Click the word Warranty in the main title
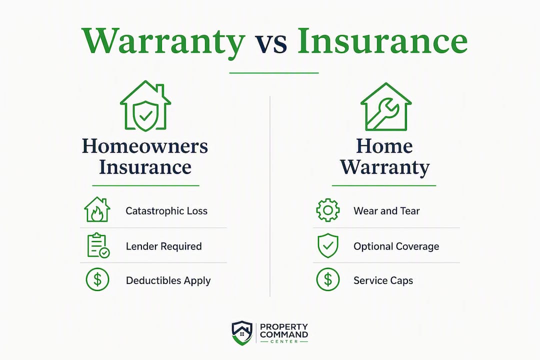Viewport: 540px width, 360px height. pos(163,42)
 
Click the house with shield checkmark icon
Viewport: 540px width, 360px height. pos(145,106)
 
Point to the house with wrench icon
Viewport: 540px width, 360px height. pos(385,107)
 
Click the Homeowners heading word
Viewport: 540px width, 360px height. pos(145,146)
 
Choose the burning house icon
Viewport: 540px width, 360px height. pos(97,209)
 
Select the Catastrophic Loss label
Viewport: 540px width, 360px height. pos(166,211)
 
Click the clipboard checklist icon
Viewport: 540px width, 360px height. pos(98,245)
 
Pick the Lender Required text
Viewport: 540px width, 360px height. pos(163,246)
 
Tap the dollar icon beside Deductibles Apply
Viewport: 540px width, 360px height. pos(97,279)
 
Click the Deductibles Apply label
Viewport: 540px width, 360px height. pos(168,281)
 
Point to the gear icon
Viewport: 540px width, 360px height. pos(328,210)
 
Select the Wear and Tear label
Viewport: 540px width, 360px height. pos(386,211)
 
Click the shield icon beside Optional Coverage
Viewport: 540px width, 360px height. pos(328,245)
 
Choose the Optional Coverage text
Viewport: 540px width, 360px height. pos(396,246)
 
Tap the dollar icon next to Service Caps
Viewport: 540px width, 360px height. pos(328,279)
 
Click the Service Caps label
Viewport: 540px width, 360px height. pos(383,281)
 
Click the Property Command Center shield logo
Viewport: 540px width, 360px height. pos(242,333)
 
